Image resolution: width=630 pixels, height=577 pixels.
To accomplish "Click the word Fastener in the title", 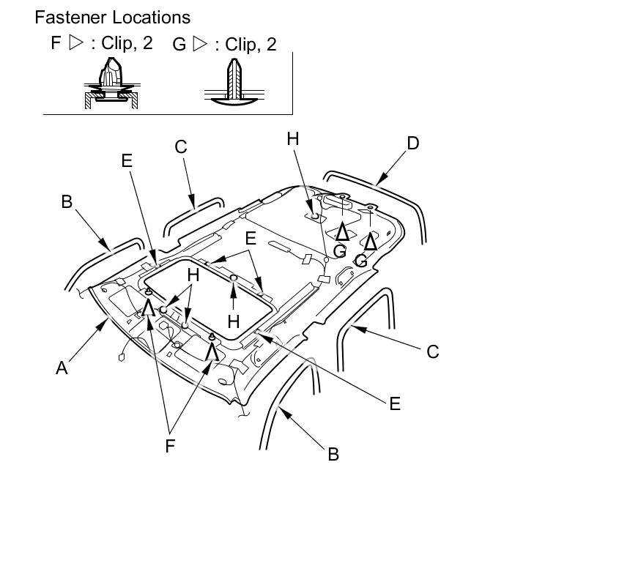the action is (71, 18).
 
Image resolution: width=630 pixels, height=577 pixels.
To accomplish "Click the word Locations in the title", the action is (152, 18).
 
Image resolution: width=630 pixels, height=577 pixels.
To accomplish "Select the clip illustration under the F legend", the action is (111, 83).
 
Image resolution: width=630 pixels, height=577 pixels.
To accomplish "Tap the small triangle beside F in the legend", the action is (76, 42).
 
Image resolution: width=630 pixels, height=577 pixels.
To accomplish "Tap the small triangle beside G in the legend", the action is (200, 43).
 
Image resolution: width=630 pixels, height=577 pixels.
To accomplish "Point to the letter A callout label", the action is (62, 368).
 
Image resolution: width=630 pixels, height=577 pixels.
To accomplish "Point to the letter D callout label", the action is (413, 144).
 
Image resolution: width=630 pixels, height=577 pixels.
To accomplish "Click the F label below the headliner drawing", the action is (170, 446).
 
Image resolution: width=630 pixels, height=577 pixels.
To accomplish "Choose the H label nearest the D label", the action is (293, 139).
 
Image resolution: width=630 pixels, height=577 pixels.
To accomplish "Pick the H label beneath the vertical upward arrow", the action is (234, 321).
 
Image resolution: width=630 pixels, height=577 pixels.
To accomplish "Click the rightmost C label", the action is (433, 351).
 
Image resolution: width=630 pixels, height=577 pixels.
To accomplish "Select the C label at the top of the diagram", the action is (181, 147).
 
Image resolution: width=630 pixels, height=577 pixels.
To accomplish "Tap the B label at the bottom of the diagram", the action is (333, 454).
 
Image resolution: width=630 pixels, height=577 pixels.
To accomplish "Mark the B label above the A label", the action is (67, 201).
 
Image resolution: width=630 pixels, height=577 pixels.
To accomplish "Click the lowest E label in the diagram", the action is (395, 403).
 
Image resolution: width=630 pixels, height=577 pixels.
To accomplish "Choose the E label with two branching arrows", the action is (251, 238).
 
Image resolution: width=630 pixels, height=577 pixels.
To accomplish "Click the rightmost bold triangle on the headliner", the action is (371, 242).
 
